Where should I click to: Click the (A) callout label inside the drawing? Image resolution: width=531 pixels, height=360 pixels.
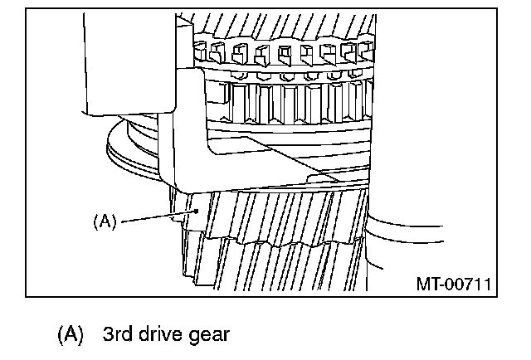click(x=105, y=221)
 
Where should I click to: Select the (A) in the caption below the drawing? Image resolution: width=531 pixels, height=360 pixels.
click(x=71, y=336)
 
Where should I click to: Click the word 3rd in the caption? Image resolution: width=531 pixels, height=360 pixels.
click(x=118, y=336)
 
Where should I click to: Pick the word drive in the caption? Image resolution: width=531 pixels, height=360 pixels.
click(x=163, y=336)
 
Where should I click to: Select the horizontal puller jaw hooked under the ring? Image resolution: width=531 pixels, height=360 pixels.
click(x=249, y=166)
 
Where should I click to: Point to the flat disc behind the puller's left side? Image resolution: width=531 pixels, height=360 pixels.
click(x=133, y=153)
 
